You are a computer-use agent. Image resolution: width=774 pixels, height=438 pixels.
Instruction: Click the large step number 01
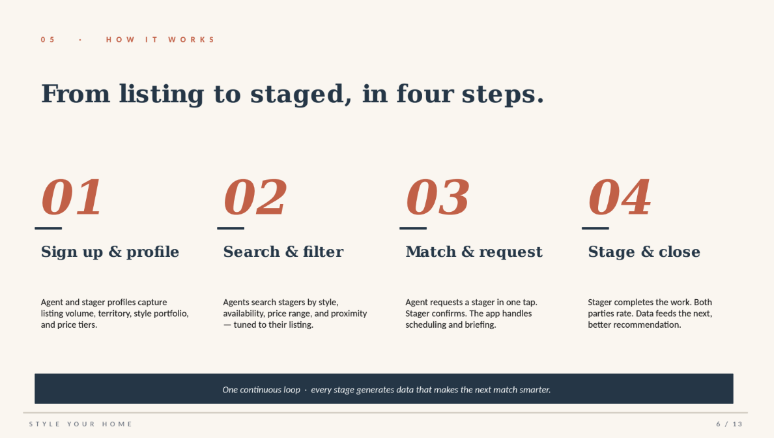(72, 197)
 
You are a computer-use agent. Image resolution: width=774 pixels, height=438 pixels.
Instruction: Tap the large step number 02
(255, 197)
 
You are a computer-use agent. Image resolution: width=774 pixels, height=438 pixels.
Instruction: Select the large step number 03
(437, 197)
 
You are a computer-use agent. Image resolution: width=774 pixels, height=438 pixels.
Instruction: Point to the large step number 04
(620, 197)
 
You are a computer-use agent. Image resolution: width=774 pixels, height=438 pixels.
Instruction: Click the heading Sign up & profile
(110, 252)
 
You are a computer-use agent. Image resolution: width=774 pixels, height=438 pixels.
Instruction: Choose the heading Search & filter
(283, 252)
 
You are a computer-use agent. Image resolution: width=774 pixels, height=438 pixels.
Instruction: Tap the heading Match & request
(474, 252)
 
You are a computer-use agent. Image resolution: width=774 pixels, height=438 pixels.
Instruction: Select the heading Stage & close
(644, 252)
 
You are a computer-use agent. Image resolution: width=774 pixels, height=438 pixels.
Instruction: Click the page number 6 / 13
(729, 424)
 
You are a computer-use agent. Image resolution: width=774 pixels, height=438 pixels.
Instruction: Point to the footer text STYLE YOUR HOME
(81, 424)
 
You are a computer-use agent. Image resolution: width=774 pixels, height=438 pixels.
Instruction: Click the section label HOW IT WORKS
(160, 40)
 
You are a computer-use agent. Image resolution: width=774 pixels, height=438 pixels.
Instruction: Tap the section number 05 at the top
(48, 40)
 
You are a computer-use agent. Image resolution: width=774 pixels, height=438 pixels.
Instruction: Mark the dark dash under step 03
(412, 228)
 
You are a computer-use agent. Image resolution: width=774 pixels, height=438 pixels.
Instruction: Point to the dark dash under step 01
(48, 228)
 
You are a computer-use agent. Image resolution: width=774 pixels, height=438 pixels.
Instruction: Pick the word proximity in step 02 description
(349, 314)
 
